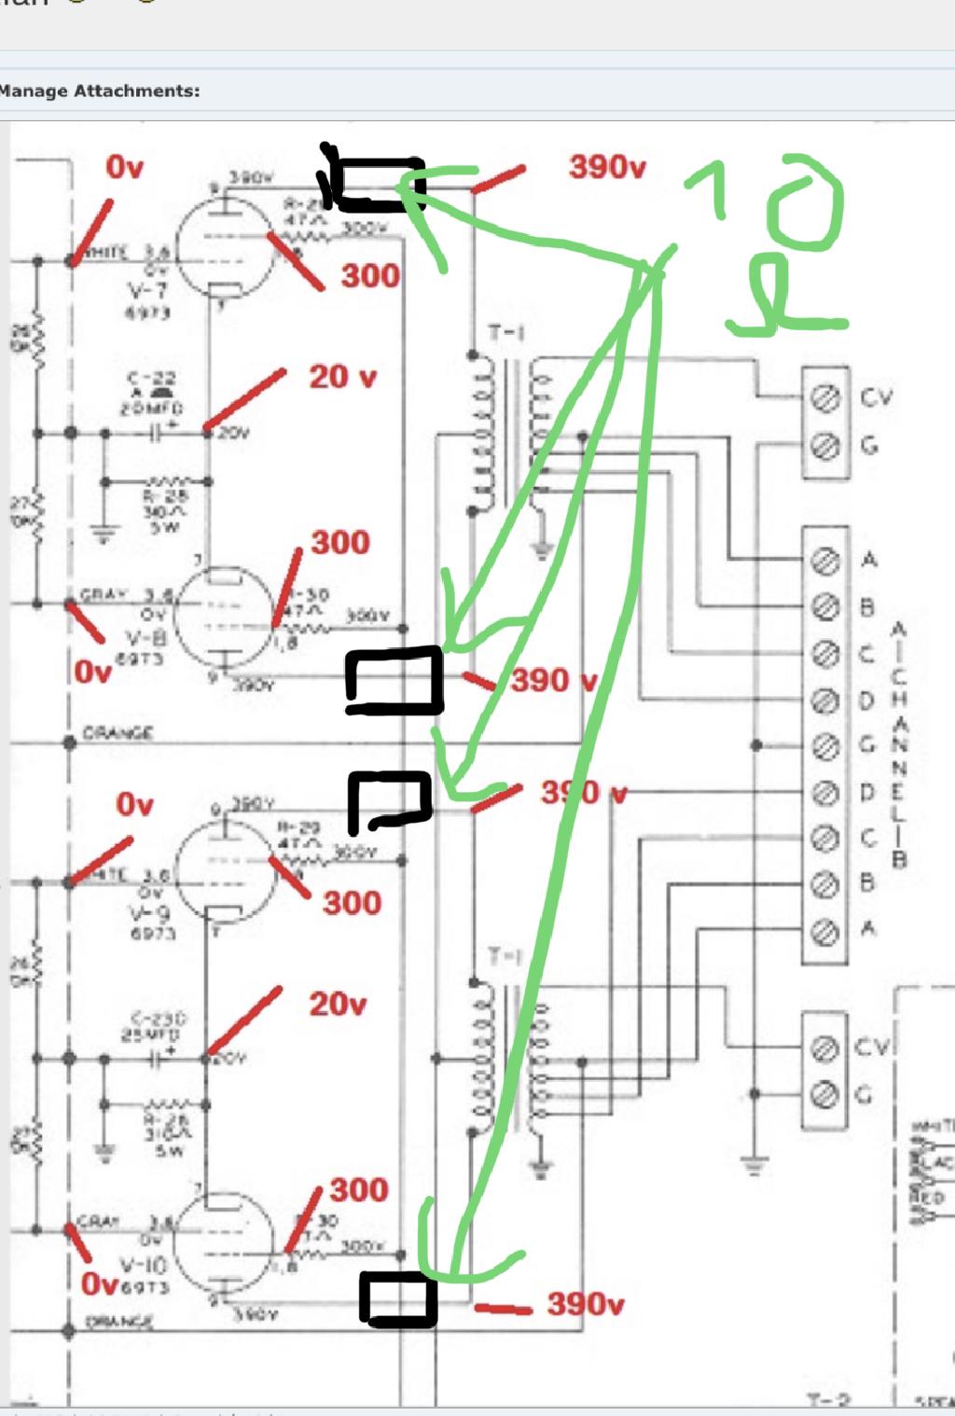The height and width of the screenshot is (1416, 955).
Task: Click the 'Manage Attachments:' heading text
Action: [99, 91]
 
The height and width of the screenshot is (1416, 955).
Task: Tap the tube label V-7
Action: [149, 291]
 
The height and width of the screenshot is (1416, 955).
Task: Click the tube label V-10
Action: [143, 1266]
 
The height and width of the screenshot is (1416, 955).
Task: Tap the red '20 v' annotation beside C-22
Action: [342, 377]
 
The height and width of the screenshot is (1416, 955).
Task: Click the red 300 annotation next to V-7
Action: [369, 275]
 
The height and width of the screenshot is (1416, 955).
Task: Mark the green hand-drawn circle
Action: [804, 202]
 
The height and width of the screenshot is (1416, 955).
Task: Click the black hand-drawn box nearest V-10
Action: [399, 1299]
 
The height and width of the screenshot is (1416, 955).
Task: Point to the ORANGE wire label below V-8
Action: [117, 733]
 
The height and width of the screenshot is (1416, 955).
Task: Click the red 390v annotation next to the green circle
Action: [607, 168]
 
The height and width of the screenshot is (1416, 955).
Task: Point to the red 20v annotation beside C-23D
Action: [337, 1004]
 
